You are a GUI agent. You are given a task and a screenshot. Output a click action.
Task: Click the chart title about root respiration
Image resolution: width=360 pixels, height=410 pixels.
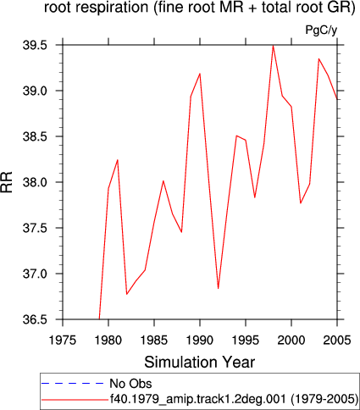[x=200, y=7]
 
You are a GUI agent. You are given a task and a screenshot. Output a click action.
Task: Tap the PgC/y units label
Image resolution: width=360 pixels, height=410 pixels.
[x=321, y=30]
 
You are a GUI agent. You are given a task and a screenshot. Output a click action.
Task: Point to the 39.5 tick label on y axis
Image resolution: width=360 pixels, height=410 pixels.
[x=35, y=45]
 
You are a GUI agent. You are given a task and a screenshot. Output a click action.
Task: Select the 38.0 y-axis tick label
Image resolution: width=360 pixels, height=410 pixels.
[x=35, y=182]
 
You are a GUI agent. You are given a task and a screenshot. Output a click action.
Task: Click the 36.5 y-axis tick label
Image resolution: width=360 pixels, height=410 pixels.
[x=35, y=319]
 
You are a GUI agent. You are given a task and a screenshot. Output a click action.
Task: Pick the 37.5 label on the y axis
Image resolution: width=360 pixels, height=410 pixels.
[x=35, y=228]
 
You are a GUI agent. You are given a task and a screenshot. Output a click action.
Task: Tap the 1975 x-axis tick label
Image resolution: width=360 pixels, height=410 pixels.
[x=63, y=341]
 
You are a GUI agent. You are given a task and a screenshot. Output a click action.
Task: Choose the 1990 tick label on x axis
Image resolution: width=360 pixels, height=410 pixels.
[x=200, y=341]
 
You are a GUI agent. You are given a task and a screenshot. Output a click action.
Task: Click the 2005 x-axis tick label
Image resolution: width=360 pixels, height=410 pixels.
[x=337, y=341]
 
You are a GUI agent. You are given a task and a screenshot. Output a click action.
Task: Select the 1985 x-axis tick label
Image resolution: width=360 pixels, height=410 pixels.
[x=154, y=341]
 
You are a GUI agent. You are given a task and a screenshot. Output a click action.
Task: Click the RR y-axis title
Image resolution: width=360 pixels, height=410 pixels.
[x=7, y=182]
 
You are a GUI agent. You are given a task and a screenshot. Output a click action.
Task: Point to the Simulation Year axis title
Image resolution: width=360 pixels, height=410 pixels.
[x=200, y=363]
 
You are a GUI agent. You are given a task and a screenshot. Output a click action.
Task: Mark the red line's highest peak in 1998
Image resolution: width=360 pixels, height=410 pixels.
[x=273, y=46]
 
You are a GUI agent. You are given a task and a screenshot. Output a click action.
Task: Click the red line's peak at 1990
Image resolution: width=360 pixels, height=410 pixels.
[x=200, y=74]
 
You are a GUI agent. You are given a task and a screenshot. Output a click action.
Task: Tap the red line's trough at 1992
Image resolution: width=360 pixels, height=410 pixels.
[x=219, y=288]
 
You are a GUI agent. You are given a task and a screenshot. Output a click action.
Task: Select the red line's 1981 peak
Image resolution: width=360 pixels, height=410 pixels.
[x=118, y=160]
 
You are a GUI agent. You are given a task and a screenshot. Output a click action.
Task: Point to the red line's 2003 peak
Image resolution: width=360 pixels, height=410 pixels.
[x=318, y=58]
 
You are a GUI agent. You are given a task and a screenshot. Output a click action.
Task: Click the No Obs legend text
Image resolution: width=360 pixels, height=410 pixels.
[x=130, y=384]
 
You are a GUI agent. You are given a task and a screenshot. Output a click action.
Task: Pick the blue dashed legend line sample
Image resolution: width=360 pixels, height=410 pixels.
[x=73, y=384]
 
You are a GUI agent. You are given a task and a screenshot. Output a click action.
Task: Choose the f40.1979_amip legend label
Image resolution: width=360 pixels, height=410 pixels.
[x=234, y=399]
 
